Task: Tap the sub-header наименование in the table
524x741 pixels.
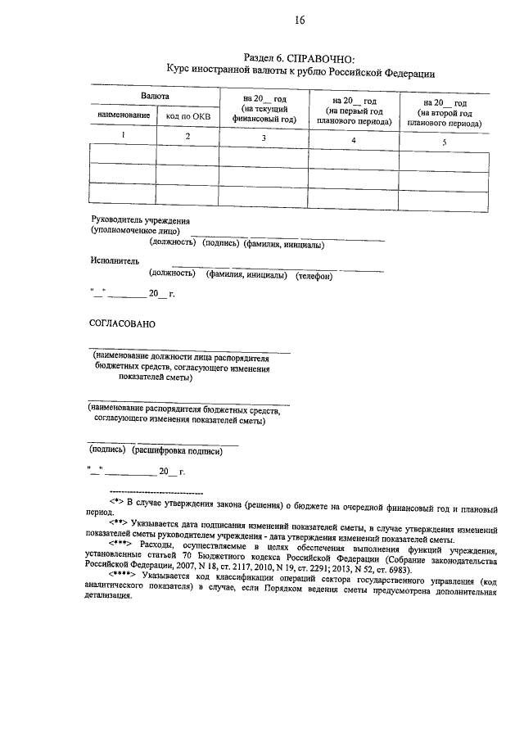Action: (x=124, y=116)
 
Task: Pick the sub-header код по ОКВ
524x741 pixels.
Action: (x=187, y=117)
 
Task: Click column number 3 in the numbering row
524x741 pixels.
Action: (x=263, y=138)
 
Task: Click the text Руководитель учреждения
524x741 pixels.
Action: (x=140, y=220)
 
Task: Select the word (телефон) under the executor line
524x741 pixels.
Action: (x=314, y=276)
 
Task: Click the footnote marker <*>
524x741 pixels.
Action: (x=115, y=499)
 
